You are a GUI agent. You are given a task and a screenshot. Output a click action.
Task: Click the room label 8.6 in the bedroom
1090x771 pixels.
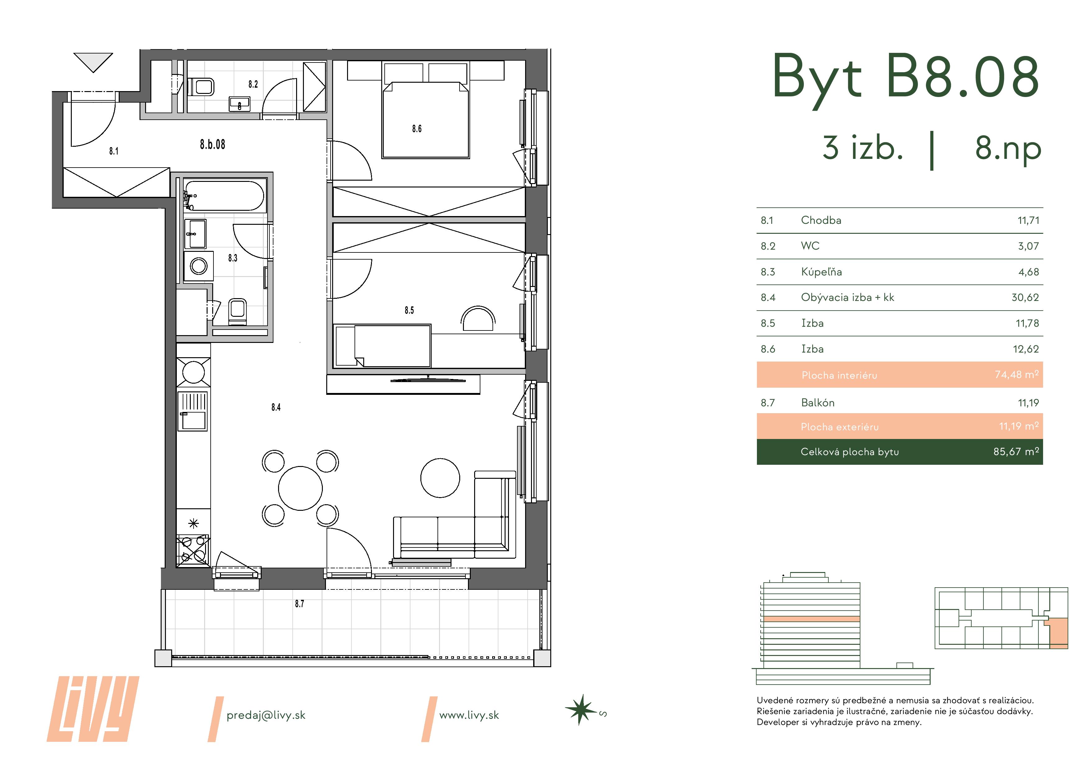point(417,129)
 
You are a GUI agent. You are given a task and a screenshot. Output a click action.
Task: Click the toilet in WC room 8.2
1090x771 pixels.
point(202,87)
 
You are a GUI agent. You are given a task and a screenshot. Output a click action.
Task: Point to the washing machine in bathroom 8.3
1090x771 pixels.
point(199,266)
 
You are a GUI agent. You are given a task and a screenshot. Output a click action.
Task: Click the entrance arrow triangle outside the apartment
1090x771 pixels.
point(93,61)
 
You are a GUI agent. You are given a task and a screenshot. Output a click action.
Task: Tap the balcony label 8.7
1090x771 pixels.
point(300,604)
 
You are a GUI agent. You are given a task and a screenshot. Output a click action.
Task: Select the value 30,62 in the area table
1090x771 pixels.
point(1025,298)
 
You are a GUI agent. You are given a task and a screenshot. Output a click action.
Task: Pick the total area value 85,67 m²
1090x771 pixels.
point(1015,452)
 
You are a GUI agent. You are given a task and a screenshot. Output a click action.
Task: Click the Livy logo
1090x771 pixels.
point(93,709)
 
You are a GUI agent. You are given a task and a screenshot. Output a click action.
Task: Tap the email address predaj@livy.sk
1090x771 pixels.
point(266,715)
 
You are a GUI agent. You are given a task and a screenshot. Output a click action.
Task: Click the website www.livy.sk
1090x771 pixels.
point(469,715)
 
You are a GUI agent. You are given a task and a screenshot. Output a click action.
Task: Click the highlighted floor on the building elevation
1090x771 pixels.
point(812,619)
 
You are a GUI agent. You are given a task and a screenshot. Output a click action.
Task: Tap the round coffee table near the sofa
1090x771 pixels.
point(440,478)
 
